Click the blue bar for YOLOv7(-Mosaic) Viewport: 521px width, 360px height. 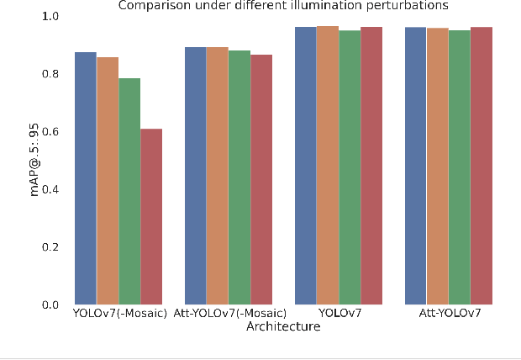tap(86, 177)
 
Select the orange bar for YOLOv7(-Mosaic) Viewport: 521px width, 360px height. tap(108, 180)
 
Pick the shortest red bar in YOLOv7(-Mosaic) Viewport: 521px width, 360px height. tap(151, 216)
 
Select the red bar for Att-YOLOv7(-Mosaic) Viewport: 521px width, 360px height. tap(261, 179)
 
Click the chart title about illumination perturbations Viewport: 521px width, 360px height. tap(283, 6)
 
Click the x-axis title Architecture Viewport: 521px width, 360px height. tap(282, 327)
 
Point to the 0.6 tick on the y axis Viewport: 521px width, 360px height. tap(50, 132)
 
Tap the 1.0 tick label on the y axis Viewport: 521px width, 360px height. tap(50, 17)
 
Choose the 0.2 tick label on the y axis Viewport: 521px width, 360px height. tap(50, 247)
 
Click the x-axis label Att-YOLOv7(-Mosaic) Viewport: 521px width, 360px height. tap(239, 314)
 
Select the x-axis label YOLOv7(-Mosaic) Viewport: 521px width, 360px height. tap(118, 314)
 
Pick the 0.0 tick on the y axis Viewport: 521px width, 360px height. tap(50, 304)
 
